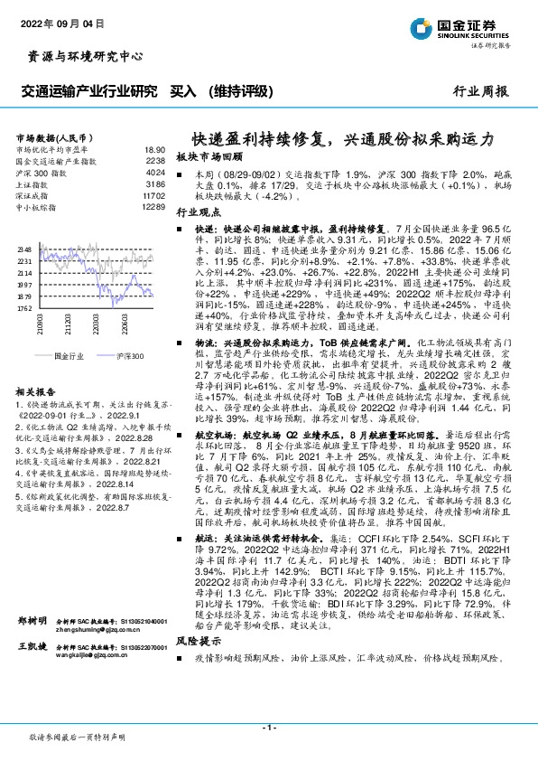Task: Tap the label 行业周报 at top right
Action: (480, 91)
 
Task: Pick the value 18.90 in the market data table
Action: (154, 149)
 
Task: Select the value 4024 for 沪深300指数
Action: (155, 171)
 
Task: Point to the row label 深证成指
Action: (32, 193)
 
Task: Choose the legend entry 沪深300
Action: (131, 356)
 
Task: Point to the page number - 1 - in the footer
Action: (269, 728)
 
